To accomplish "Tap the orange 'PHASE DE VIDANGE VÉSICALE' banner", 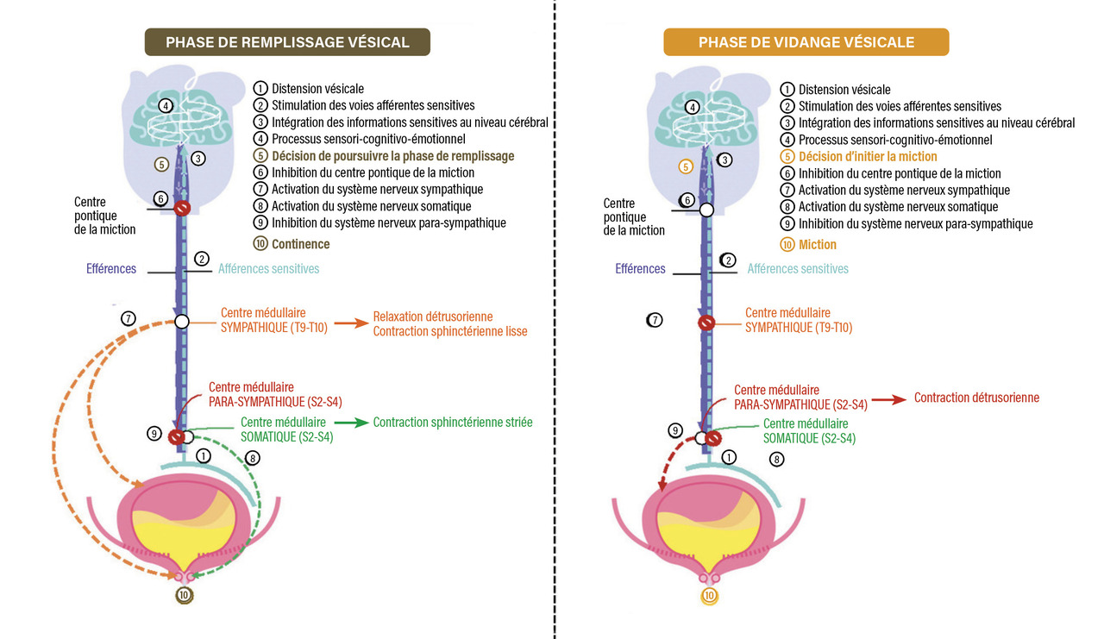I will tap(806, 42).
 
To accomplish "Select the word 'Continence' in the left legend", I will tap(300, 244).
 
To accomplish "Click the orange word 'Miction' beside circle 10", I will tap(818, 245).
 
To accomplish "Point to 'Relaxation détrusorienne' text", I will tap(432, 316).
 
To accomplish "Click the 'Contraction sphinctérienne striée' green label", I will tap(453, 423).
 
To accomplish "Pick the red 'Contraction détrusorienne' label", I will tap(976, 398).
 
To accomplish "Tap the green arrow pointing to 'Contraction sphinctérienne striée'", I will tap(350, 423).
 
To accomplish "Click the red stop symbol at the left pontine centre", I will tap(182, 209).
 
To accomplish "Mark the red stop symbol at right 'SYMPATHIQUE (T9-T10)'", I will tap(706, 323).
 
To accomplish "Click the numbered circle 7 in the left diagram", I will tap(128, 319).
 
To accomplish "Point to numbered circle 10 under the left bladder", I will tap(183, 595).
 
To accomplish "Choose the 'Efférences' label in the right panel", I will tap(640, 269).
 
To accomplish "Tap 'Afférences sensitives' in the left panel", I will tap(268, 269).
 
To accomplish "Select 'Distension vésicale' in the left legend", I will tap(317, 88).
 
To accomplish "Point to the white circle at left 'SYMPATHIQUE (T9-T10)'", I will tap(182, 322).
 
